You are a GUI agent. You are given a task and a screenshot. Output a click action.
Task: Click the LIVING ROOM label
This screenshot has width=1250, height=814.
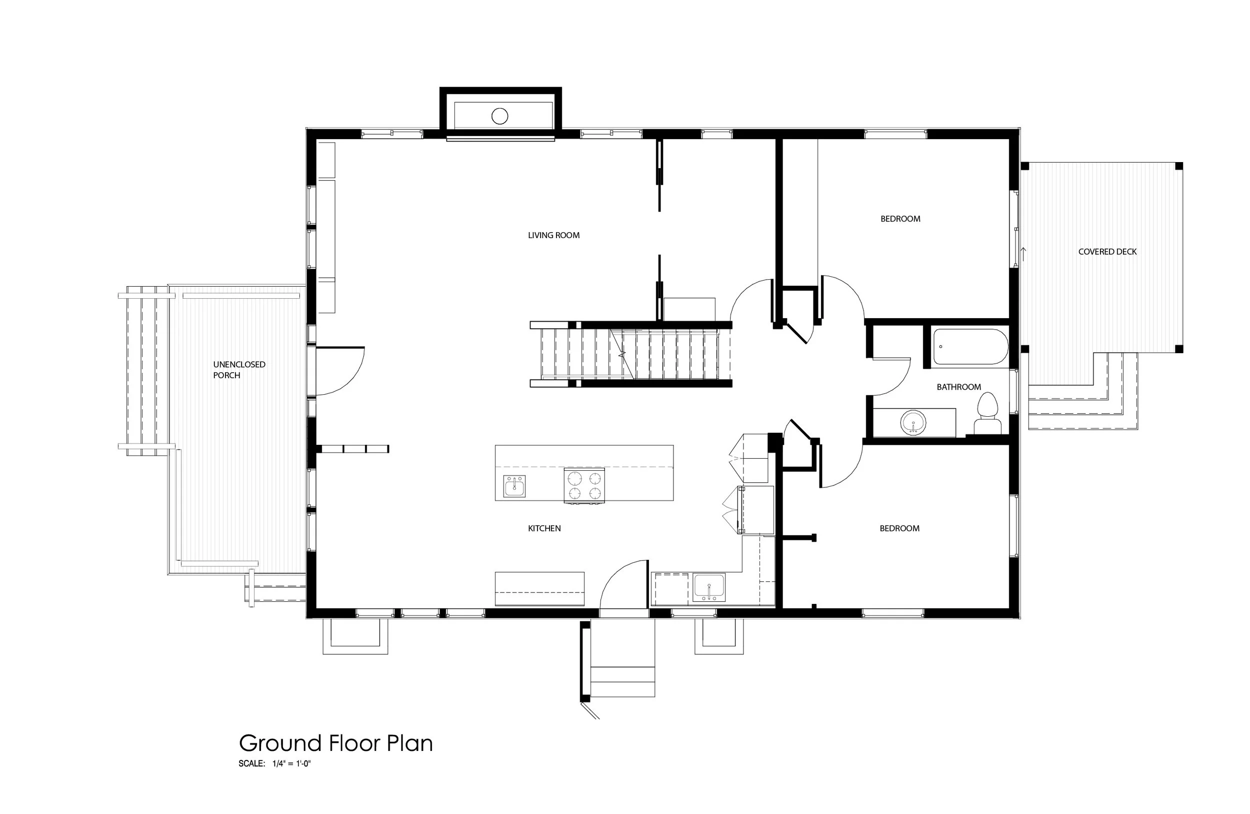click(x=553, y=236)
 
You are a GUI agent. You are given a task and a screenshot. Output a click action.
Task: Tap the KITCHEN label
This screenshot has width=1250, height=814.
click(x=544, y=528)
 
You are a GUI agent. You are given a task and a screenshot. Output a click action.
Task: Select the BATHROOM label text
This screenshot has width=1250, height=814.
click(x=958, y=387)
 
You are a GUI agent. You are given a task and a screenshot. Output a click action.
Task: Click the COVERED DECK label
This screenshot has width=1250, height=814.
click(x=1107, y=252)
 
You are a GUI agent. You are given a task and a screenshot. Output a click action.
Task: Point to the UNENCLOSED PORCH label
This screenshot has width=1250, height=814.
click(x=239, y=369)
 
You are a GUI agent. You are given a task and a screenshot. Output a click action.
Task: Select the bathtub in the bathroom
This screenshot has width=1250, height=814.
click(x=970, y=346)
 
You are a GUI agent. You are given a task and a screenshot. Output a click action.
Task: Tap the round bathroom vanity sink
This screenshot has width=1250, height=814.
click(x=913, y=422)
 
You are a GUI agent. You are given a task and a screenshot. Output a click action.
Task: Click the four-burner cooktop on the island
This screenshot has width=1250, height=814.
click(x=584, y=485)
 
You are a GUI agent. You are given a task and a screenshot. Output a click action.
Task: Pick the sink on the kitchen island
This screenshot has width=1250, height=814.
click(x=514, y=486)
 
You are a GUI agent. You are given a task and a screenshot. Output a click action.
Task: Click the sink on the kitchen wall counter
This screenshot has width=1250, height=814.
click(x=709, y=587)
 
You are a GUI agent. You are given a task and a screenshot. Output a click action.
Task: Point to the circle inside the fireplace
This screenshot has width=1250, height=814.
click(x=499, y=116)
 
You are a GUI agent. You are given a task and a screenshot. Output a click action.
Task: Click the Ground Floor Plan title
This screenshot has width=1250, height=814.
click(x=335, y=743)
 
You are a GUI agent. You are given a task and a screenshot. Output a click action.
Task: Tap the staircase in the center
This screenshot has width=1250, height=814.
click(x=630, y=354)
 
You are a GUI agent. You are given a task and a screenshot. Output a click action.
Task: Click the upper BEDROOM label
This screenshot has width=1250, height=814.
click(x=900, y=219)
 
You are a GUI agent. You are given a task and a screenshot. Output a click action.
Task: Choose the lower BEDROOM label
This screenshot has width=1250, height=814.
click(x=899, y=528)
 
